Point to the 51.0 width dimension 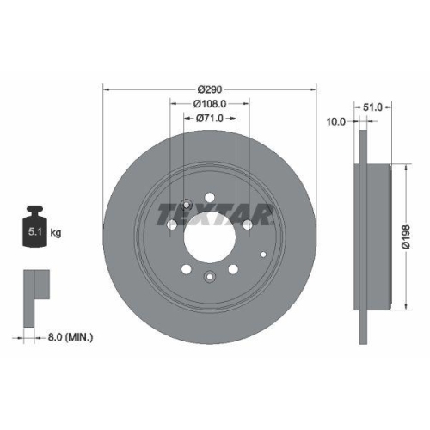[373, 107]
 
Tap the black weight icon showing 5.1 [35, 227]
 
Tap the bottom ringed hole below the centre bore [210, 276]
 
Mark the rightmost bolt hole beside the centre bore [248, 224]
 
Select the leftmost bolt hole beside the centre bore [172, 224]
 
